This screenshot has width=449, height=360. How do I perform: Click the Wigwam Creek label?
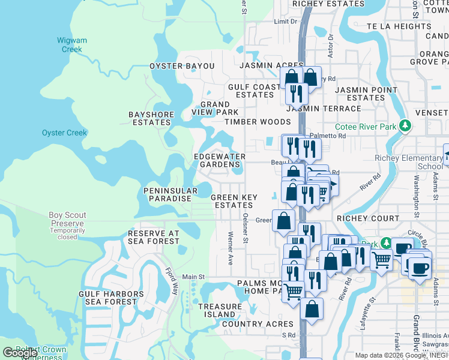72,45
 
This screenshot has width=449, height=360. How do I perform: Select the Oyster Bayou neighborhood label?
182,65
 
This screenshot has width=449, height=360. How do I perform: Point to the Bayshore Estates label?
151,118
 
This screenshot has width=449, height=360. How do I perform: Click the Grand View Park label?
215,108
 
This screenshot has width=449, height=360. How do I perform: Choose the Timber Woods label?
258,122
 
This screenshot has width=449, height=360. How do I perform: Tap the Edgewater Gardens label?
220,160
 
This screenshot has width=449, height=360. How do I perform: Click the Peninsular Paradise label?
170,194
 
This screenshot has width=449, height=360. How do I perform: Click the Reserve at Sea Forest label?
154,237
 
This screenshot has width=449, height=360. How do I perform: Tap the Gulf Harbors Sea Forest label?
111,298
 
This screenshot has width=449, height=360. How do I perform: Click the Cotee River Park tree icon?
407,125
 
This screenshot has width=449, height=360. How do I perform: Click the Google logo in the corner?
20,353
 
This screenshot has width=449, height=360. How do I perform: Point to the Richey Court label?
368,218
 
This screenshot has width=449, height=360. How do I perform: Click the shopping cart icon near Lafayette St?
381,260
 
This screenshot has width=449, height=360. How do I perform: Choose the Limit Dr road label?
285,22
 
